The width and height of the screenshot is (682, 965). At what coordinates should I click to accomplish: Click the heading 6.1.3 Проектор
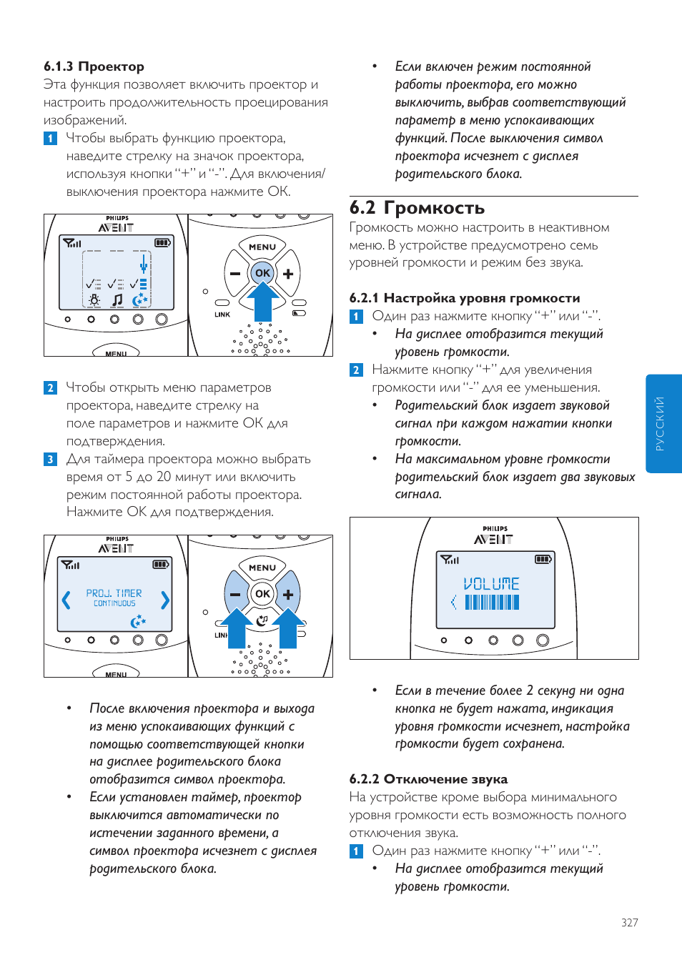click(x=94, y=66)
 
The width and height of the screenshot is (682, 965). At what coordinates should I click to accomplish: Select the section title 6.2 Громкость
click(x=417, y=208)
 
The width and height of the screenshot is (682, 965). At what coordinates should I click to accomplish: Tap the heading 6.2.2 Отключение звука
click(x=428, y=779)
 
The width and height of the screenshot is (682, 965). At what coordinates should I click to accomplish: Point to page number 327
click(x=629, y=923)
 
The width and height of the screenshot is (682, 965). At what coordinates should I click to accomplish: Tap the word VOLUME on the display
click(x=491, y=584)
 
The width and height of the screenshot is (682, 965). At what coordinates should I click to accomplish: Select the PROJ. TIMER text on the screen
click(x=114, y=593)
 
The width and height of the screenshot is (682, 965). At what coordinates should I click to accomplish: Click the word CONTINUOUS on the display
click(x=114, y=603)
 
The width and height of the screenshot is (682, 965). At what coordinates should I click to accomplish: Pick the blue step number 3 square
click(x=50, y=459)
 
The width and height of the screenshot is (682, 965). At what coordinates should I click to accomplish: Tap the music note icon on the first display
click(x=117, y=300)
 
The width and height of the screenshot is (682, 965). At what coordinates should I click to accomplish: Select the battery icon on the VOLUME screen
click(x=543, y=559)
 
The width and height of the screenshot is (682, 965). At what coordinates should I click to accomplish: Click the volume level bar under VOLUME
click(x=492, y=603)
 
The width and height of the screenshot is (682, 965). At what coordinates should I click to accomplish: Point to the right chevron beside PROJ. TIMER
click(x=165, y=600)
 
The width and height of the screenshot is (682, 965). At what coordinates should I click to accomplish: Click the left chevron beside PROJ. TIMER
click(x=66, y=600)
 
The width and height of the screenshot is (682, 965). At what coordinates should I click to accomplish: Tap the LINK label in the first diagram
click(x=222, y=315)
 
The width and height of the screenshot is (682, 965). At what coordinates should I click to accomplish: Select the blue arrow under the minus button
click(x=235, y=627)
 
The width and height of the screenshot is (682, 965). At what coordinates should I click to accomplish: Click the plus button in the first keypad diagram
click(x=288, y=273)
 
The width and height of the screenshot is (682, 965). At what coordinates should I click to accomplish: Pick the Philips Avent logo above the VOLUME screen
click(x=494, y=535)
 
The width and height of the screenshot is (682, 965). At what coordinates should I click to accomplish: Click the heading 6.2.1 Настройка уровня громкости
click(x=465, y=298)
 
